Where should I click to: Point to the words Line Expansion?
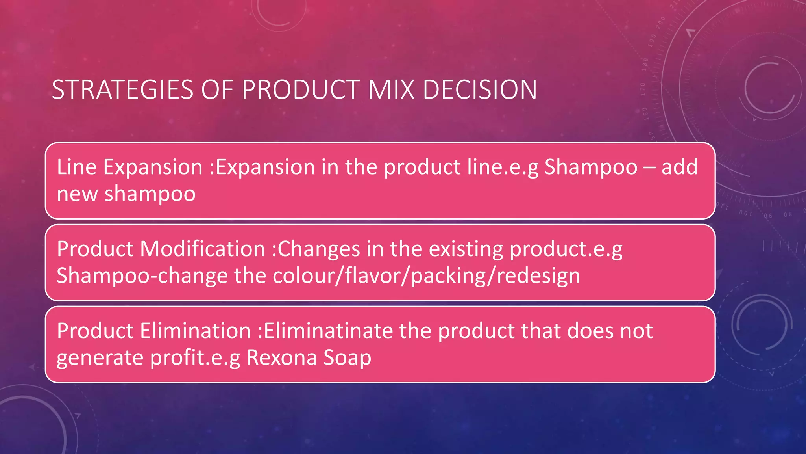[129, 167]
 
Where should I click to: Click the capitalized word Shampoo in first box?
[591, 167]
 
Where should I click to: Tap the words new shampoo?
[126, 194]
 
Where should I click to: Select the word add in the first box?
[679, 167]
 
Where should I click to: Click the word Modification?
[202, 249]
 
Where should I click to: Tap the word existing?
[466, 249]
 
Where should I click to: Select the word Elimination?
[195, 331]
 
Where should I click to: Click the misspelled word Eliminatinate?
[328, 331]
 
